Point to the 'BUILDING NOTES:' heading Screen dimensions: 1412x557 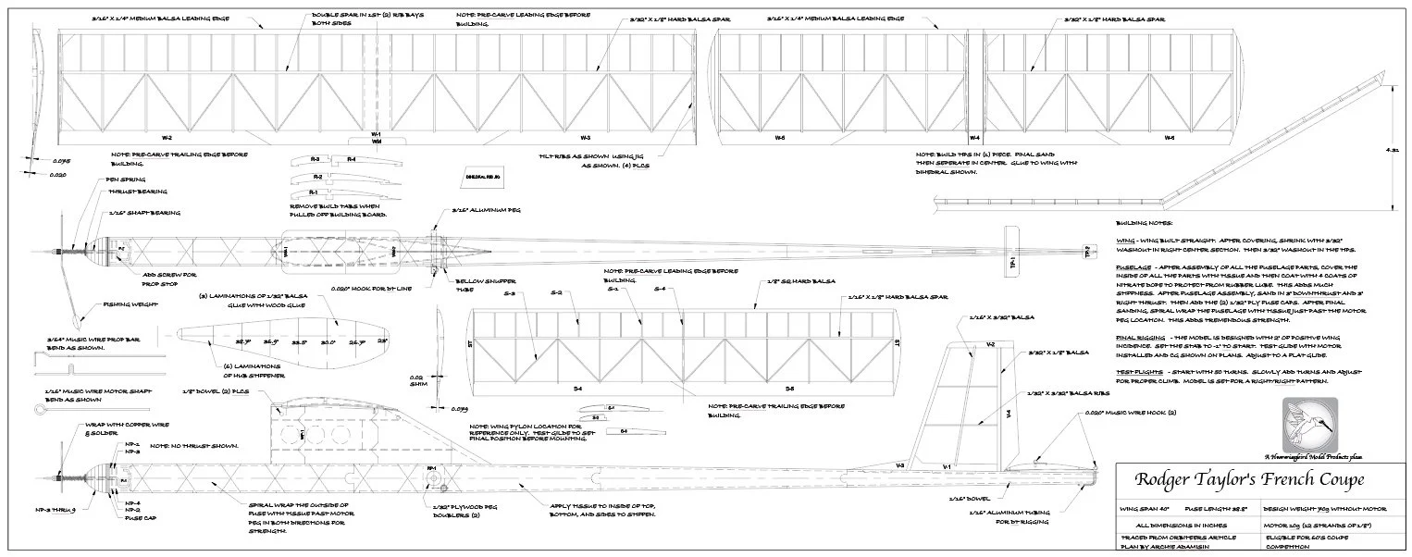click(1144, 223)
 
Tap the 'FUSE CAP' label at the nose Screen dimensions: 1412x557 click(136, 518)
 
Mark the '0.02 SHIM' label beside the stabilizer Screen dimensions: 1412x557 click(416, 380)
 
